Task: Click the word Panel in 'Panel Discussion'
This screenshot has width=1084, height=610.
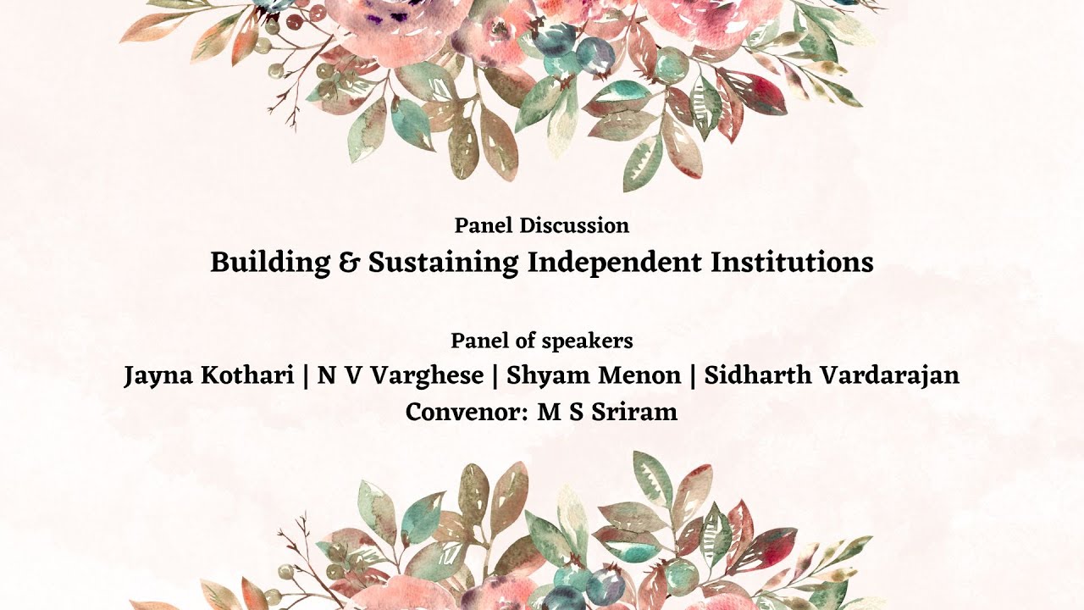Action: click(484, 225)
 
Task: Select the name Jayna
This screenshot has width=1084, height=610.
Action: click(160, 376)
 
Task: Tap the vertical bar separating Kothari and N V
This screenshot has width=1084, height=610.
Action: click(305, 376)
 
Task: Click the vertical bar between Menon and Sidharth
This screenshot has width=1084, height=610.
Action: click(693, 376)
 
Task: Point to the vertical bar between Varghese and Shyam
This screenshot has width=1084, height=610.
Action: click(495, 376)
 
